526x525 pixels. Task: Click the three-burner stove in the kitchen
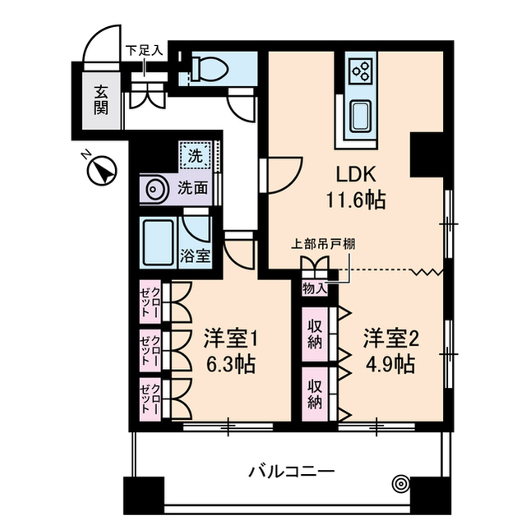point(360,71)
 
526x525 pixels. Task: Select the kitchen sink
point(360,116)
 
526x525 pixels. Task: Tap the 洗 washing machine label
point(194,154)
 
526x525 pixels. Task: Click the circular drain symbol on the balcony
point(400,484)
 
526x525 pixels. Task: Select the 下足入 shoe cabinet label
point(144,49)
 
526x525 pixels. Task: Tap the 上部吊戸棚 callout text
point(323,243)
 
